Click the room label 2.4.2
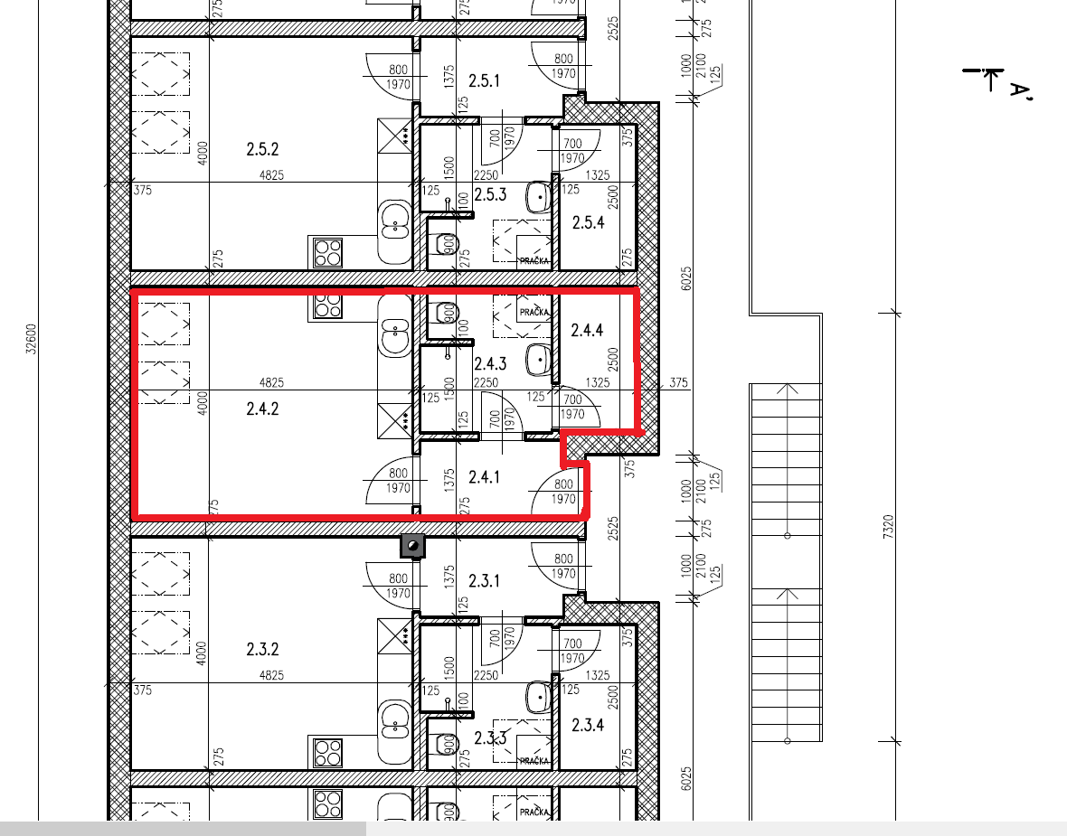coord(262,409)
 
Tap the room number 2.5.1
coord(484,81)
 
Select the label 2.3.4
coord(587,725)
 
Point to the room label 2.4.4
coord(587,330)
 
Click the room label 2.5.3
coord(490,194)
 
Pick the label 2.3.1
coord(484,581)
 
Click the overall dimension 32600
coord(32,339)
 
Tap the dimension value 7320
coord(888,527)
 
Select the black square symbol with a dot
coord(412,546)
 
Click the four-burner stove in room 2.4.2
coord(327,306)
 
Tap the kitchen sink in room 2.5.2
coord(394,224)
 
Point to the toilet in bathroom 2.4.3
coord(446,314)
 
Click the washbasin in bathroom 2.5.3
coord(538,197)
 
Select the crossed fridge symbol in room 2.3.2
coord(394,635)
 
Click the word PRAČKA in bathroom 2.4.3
coord(534,312)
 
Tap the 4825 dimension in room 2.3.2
coord(271,675)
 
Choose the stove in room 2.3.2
coord(327,753)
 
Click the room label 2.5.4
coord(587,222)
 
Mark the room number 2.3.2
coord(262,649)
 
